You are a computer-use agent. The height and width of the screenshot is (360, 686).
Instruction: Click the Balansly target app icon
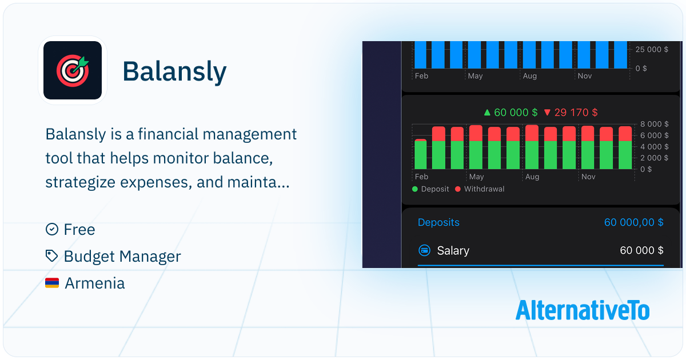pos(73,70)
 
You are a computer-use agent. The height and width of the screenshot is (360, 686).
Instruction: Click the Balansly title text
pos(174,71)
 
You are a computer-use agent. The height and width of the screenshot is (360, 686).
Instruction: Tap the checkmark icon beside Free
pos(52,229)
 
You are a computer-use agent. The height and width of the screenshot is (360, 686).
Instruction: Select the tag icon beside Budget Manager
pos(51,256)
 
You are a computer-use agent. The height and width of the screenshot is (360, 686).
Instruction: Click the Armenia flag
pos(52,283)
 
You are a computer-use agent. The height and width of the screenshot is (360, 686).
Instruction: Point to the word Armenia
pos(95,283)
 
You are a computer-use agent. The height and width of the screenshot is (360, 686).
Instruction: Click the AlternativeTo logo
pos(582,310)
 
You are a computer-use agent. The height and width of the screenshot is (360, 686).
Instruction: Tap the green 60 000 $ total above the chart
pos(510,113)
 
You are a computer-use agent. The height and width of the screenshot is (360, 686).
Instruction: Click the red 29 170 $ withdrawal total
pos(571,113)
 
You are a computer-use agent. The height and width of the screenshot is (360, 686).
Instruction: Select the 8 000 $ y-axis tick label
pos(654,124)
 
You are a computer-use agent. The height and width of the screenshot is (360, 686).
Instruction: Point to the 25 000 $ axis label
pos(652,49)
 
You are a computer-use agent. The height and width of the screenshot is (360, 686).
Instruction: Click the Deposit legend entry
pos(430,189)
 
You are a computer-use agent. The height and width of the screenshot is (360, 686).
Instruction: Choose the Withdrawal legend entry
pos(480,189)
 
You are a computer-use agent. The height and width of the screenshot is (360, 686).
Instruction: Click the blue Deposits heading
pos(438,222)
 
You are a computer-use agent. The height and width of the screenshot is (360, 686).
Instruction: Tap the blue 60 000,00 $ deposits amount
pos(633,222)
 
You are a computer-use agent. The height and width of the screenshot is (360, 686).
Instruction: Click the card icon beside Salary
pos(424,250)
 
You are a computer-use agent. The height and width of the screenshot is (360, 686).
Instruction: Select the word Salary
pos(453,251)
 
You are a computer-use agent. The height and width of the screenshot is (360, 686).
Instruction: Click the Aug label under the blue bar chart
pos(530,76)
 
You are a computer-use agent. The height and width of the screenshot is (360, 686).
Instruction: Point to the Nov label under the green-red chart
pos(588,177)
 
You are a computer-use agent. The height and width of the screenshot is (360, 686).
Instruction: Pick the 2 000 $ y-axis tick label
pos(654,158)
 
